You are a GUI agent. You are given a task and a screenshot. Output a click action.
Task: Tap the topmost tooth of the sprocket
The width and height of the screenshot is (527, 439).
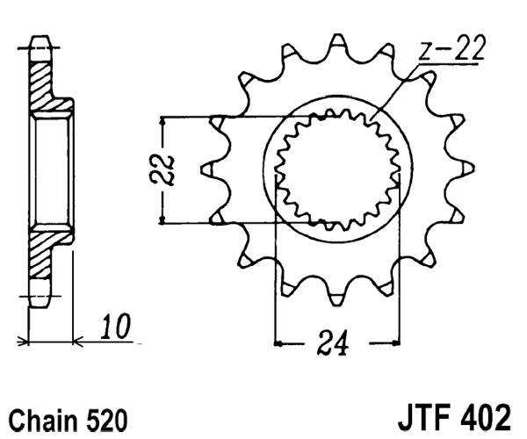pyautogui.click(x=337, y=44)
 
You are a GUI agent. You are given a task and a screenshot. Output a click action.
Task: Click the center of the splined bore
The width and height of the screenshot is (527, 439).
pyautogui.click(x=337, y=169)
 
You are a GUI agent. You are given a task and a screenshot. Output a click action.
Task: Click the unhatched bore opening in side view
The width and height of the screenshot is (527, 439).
pyautogui.click(x=50, y=169)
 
